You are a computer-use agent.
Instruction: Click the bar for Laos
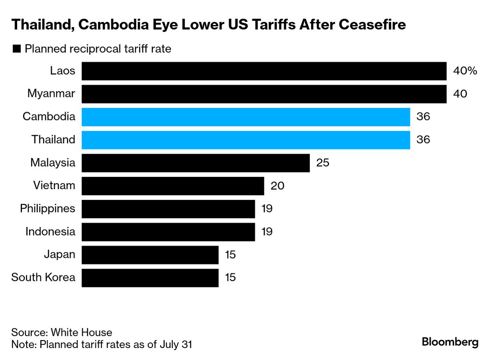[x=264, y=71]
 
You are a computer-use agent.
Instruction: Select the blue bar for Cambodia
[x=246, y=117]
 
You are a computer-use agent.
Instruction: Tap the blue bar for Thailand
[x=246, y=140]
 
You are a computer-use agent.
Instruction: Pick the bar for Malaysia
[x=196, y=163]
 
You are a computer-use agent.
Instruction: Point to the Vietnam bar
[x=173, y=186]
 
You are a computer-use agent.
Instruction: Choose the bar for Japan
[x=150, y=255]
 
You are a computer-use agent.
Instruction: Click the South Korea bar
[x=150, y=278]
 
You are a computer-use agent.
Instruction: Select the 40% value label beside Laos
[x=465, y=71]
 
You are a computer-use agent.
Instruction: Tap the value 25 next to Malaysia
[x=323, y=163]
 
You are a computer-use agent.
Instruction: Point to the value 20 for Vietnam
[x=277, y=186]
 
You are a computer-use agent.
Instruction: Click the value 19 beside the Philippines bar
[x=267, y=209]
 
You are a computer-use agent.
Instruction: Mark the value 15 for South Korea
[x=230, y=278]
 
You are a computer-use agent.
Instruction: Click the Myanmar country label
[x=51, y=94]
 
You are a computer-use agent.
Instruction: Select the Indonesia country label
[x=50, y=232]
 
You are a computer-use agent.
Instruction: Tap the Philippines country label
[x=48, y=209]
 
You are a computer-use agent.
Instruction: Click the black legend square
[x=17, y=49]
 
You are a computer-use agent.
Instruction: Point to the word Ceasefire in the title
[x=372, y=25]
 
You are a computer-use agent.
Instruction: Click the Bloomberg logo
[x=450, y=342]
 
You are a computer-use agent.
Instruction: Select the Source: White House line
[x=62, y=332]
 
